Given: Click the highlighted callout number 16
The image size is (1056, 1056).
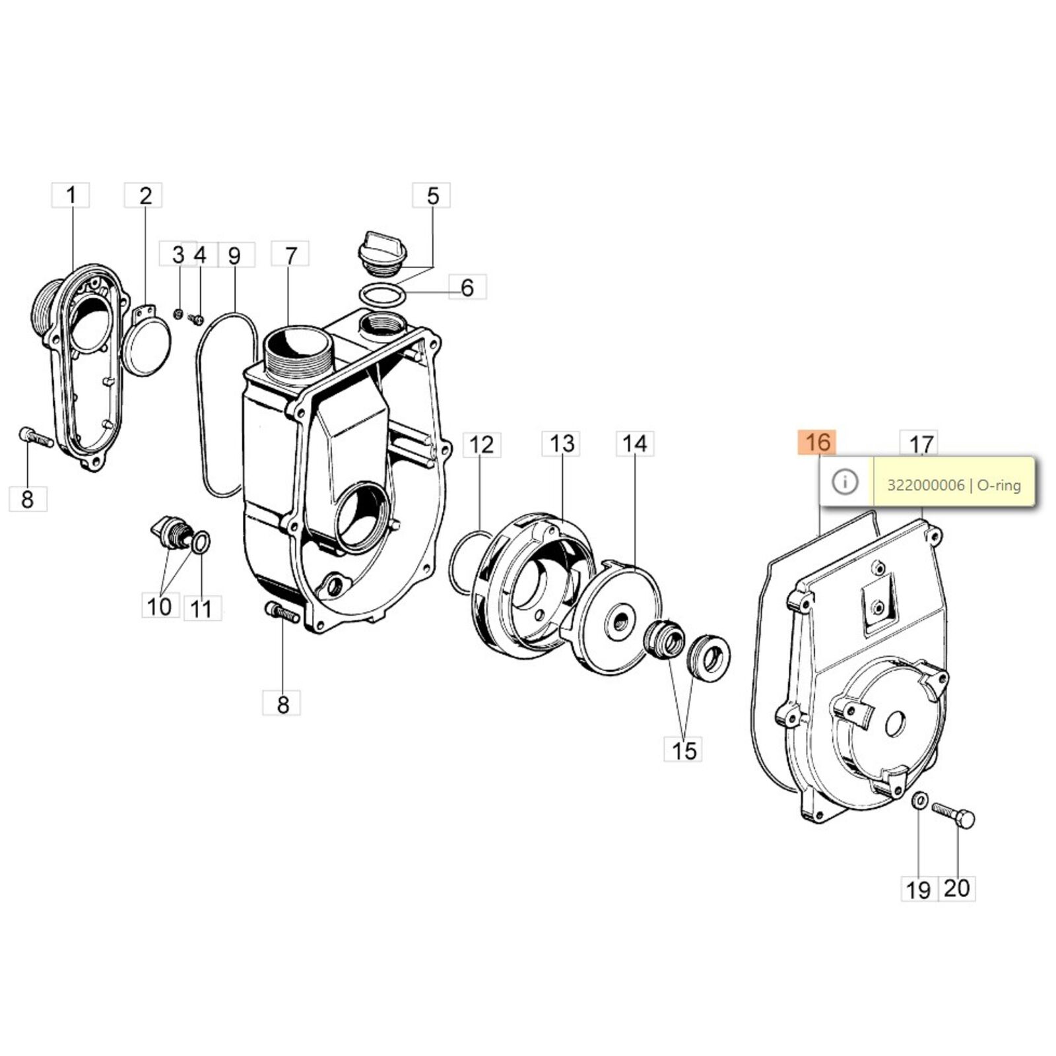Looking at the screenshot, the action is (817, 442).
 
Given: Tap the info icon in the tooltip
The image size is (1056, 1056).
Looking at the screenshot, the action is (845, 482).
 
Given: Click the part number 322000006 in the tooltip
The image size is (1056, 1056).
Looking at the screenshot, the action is (925, 485).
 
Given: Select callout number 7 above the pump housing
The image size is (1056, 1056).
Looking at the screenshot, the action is (290, 254).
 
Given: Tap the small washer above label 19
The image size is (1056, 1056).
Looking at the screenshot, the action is (918, 801).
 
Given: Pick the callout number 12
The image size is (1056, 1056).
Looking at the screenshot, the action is (482, 444).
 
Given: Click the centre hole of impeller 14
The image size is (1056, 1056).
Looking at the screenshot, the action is (620, 619).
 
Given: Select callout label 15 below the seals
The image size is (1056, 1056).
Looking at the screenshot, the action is (683, 750).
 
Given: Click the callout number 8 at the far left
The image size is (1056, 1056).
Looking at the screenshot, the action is (27, 498).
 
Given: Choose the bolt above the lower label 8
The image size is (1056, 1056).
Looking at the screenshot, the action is (282, 612).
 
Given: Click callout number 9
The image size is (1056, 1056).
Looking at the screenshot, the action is (235, 255).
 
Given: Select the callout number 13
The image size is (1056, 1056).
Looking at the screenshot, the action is (562, 444).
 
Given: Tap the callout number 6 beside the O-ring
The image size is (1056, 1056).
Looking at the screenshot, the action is (467, 287).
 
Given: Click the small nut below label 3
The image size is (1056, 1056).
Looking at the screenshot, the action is (178, 313).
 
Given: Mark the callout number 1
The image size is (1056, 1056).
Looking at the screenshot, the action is (71, 195).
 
